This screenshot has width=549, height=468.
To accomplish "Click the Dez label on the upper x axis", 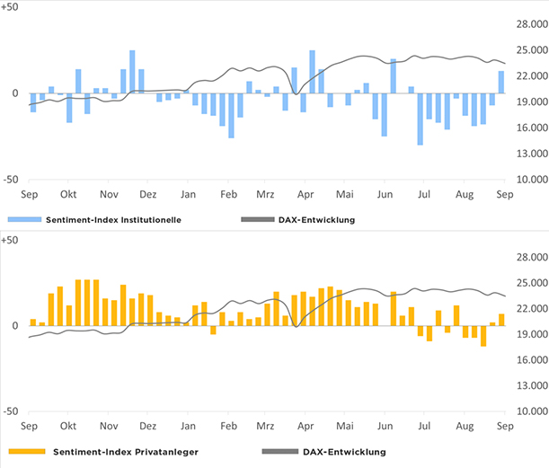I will (x=149, y=194).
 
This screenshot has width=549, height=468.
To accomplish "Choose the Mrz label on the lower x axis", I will (x=265, y=426).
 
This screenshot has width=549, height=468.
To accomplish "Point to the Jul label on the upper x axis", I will (x=424, y=194).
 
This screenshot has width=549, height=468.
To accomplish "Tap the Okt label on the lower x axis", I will (x=68, y=426).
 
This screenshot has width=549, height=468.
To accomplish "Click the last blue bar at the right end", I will (x=501, y=82).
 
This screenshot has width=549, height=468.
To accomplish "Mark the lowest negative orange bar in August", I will (x=483, y=335).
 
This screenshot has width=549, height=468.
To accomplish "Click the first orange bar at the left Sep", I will (x=33, y=322).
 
